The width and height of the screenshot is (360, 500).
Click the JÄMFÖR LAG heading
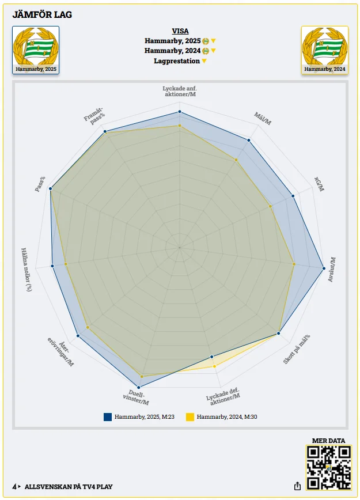pyautogui.click(x=42, y=14)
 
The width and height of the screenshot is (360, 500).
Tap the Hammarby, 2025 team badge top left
pyautogui.click(x=36, y=50)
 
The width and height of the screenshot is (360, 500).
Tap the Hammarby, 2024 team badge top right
pyautogui.click(x=325, y=50)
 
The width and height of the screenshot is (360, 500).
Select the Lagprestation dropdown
pyautogui.click(x=180, y=61)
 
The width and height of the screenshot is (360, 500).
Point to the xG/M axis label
pyautogui.click(x=319, y=184)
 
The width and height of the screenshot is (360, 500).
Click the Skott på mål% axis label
pyautogui.click(x=297, y=349)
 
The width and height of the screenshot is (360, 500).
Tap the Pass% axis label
pyautogui.click(x=40, y=184)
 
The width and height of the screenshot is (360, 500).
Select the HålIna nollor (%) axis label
pyautogui.click(x=26, y=269)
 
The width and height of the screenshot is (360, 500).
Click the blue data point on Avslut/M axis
pyautogui.click(x=324, y=267)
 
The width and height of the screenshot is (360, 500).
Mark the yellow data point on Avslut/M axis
pyautogui.click(x=294, y=264)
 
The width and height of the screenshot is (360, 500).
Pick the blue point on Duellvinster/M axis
pyautogui.click(x=138, y=387)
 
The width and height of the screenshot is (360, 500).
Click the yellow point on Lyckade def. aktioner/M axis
pyautogui.click(x=215, y=366)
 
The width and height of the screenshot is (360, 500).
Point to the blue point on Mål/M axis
pyautogui.click(x=249, y=140)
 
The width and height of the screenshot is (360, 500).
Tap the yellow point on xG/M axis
pyautogui.click(x=271, y=206)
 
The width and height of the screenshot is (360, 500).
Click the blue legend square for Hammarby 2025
pyautogui.click(x=108, y=416)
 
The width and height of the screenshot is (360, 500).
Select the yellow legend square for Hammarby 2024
pyautogui.click(x=190, y=416)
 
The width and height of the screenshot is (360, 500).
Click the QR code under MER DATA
pyautogui.click(x=328, y=467)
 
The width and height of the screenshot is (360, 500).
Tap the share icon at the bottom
pyautogui.click(x=298, y=486)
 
